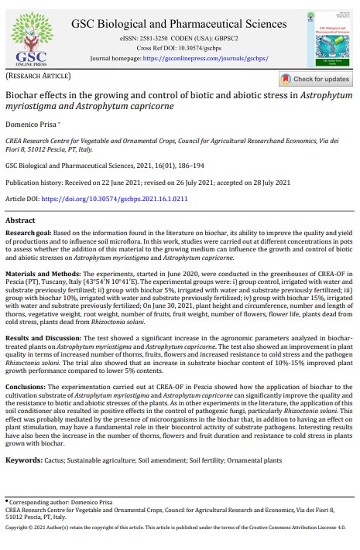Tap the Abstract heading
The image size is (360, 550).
(x=21, y=220)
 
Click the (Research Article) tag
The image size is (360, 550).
(x=36, y=79)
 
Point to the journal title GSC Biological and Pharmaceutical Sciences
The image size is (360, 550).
(x=180, y=23)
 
